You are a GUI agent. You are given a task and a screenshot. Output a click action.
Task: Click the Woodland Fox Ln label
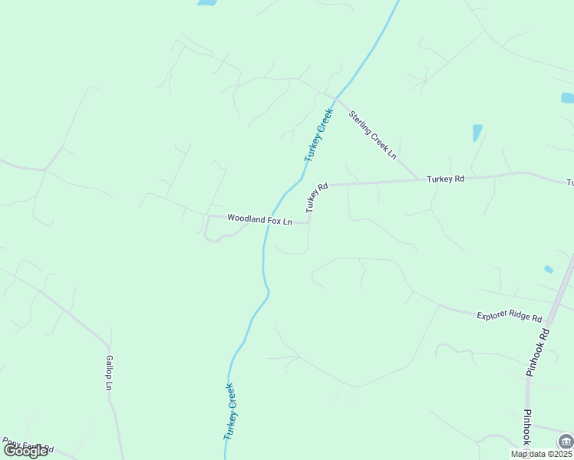click(x=259, y=220)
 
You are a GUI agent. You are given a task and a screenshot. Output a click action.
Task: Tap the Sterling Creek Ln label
click(x=372, y=135)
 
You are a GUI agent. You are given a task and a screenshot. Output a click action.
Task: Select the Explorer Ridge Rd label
click(x=509, y=316)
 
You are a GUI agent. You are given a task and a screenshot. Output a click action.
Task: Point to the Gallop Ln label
click(x=109, y=373)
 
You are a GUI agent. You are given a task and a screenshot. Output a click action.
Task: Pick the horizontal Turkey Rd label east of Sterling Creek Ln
click(x=446, y=179)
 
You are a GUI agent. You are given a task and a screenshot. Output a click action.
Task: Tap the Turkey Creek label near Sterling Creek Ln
click(x=318, y=134)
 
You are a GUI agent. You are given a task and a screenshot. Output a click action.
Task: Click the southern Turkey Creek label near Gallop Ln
click(x=229, y=412)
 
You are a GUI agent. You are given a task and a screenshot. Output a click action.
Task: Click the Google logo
click(x=25, y=450)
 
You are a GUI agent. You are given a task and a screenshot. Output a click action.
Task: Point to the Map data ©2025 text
click(x=541, y=454)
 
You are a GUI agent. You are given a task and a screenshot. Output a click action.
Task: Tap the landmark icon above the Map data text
click(x=566, y=441)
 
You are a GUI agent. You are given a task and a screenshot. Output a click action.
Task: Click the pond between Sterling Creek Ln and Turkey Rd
click(x=477, y=133)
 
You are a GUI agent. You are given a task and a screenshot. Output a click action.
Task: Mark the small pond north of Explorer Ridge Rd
click(x=548, y=269)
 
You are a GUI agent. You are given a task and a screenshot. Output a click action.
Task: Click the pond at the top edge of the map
click(x=206, y=3)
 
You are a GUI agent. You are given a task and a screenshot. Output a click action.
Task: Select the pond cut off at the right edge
click(x=568, y=98)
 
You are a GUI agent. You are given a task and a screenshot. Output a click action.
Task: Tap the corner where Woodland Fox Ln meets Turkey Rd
click(x=308, y=223)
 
